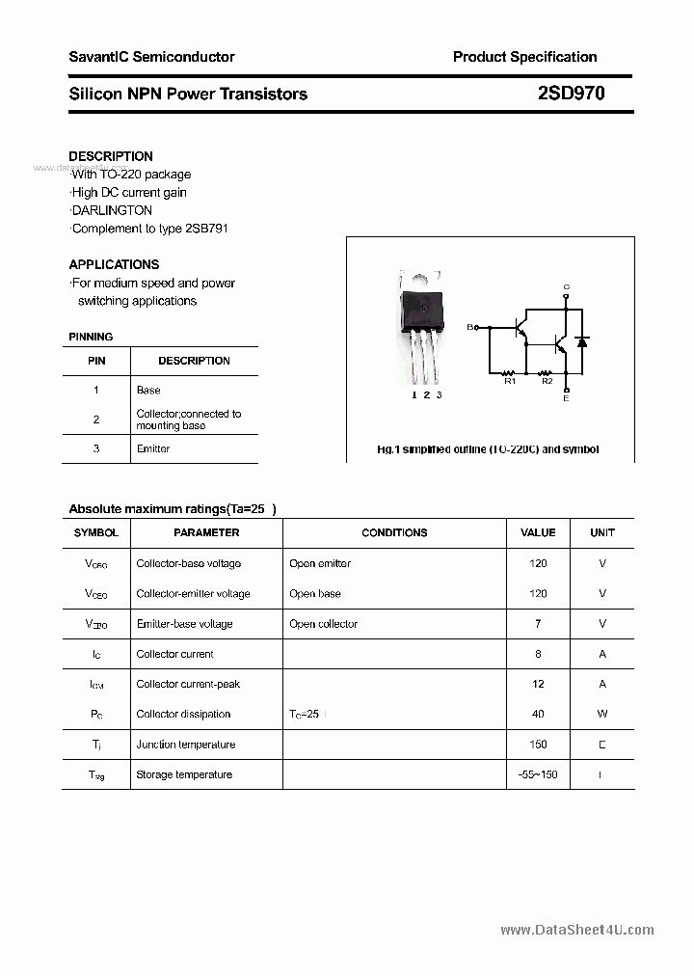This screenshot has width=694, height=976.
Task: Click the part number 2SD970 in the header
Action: tap(571, 94)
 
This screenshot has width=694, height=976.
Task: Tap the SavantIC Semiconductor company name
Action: tap(151, 57)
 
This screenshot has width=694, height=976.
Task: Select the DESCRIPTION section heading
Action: tap(111, 156)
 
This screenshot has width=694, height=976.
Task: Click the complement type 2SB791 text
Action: tap(150, 229)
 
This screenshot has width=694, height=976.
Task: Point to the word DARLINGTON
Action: tap(112, 210)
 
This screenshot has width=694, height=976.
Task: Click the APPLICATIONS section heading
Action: tap(114, 264)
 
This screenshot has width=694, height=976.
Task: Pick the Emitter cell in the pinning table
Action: tap(153, 449)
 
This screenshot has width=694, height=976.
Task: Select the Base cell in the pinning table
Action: tap(148, 391)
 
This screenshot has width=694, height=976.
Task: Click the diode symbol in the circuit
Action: tap(582, 341)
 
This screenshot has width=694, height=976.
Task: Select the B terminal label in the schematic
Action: tap(470, 328)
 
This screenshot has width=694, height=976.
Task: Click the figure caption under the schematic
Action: tap(488, 449)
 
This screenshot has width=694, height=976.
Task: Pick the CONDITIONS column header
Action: tap(394, 532)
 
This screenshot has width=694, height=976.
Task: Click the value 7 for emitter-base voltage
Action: tap(538, 624)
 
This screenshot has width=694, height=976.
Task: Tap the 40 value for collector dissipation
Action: tap(538, 715)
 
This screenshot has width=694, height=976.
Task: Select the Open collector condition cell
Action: tap(323, 624)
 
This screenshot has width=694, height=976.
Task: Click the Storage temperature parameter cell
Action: tap(184, 774)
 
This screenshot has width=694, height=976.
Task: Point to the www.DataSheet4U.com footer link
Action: tap(577, 931)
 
